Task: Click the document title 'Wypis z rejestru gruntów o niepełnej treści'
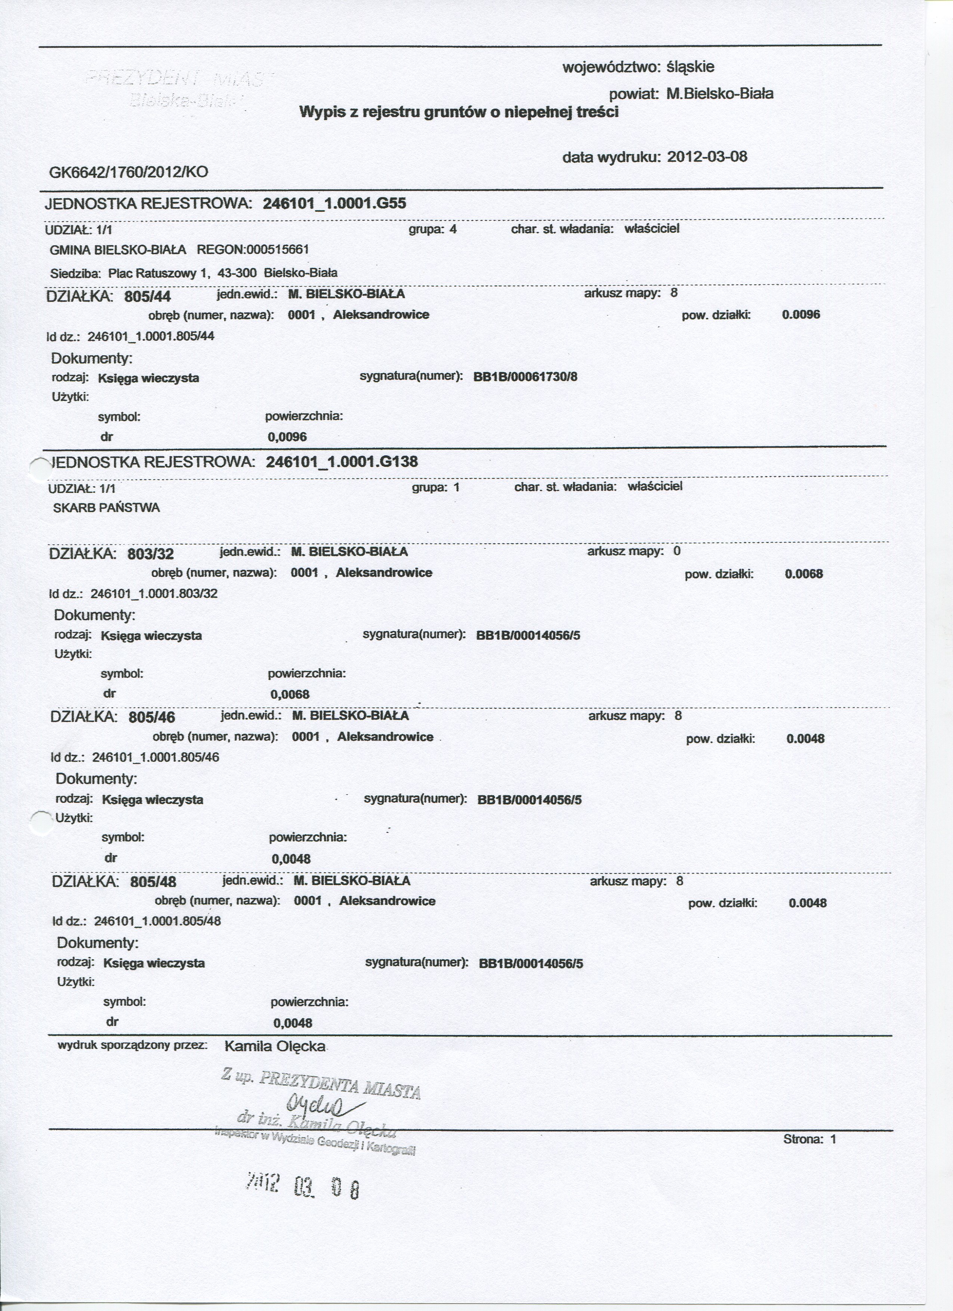point(459,112)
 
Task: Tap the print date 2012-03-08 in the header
point(707,157)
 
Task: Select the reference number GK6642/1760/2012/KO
point(129,172)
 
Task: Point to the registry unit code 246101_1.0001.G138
point(342,462)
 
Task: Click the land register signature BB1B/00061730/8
point(525,377)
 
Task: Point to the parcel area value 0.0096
point(801,315)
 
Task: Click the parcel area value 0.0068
point(804,574)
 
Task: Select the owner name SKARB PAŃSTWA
point(107,508)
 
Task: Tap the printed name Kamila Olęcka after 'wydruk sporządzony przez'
point(275,1046)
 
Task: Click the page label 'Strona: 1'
point(809,1139)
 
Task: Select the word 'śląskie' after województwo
point(691,67)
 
